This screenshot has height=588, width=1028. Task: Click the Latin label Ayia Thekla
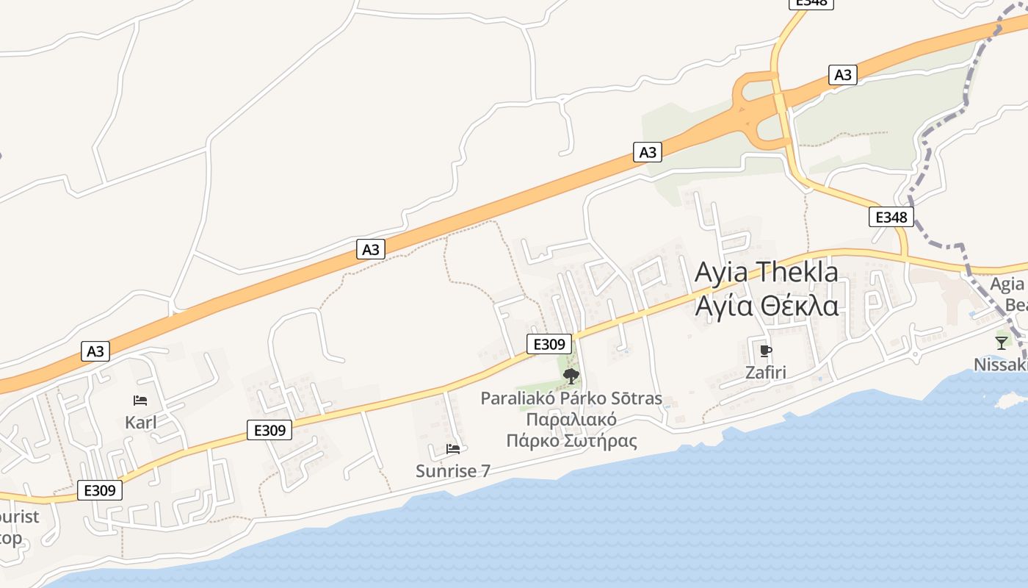(x=766, y=272)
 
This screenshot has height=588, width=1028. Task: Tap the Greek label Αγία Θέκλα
(x=766, y=304)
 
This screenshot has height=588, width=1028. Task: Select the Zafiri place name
(x=765, y=373)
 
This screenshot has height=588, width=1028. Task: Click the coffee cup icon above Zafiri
(x=766, y=351)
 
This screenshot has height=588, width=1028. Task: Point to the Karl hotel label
(x=141, y=423)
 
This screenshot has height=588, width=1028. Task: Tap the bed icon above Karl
(x=140, y=401)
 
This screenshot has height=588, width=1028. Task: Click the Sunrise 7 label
(x=452, y=471)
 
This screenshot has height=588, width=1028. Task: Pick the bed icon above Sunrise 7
(x=453, y=448)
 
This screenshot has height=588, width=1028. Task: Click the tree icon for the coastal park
(x=571, y=376)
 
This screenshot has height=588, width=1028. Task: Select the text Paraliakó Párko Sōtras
(x=571, y=399)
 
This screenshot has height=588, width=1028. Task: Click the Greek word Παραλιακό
(x=571, y=420)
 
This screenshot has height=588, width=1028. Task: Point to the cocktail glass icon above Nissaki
(x=1002, y=342)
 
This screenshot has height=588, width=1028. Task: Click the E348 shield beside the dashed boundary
(x=891, y=217)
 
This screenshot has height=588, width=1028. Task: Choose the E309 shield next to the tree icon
(x=549, y=343)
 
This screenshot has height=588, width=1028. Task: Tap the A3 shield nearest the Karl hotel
(x=95, y=351)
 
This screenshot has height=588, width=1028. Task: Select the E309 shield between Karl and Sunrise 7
(x=269, y=430)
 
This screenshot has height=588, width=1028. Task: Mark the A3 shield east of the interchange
(x=843, y=74)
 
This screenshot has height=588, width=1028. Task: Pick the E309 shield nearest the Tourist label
(x=99, y=490)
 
